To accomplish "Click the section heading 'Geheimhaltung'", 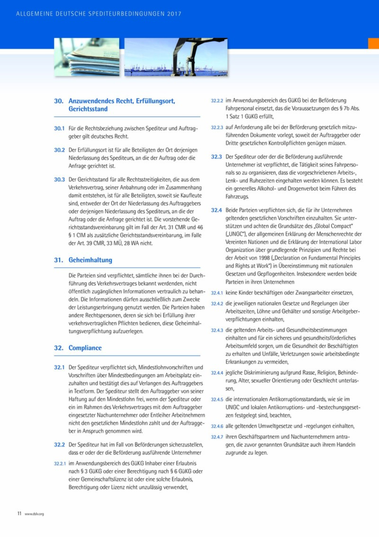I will click(90, 260).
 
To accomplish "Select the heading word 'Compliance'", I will click(85, 348).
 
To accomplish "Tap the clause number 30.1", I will click(59, 129).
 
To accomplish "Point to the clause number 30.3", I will click(59, 179).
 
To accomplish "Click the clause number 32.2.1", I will click(60, 463).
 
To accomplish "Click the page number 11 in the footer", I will click(19, 513).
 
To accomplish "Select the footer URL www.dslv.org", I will click(34, 514).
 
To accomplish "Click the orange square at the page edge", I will click(373, 43).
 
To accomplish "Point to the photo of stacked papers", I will click(87, 57).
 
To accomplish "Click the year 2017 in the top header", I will click(174, 14).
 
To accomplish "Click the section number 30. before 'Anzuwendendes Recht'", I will click(59, 101).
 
